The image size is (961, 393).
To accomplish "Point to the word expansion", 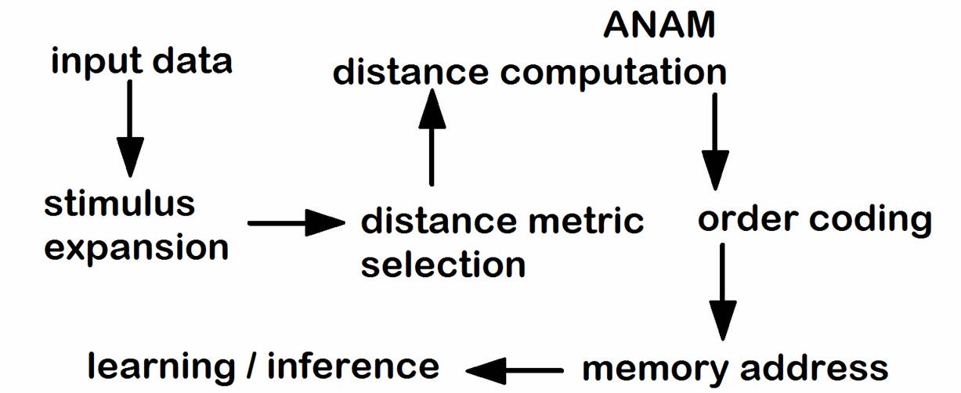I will pyautogui.click(x=136, y=247).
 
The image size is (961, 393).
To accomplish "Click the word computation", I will pyautogui.click(x=613, y=72).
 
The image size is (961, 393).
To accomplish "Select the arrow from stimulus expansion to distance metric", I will pyautogui.click(x=296, y=223).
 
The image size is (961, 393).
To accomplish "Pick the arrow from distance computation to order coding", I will pyautogui.click(x=714, y=141).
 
